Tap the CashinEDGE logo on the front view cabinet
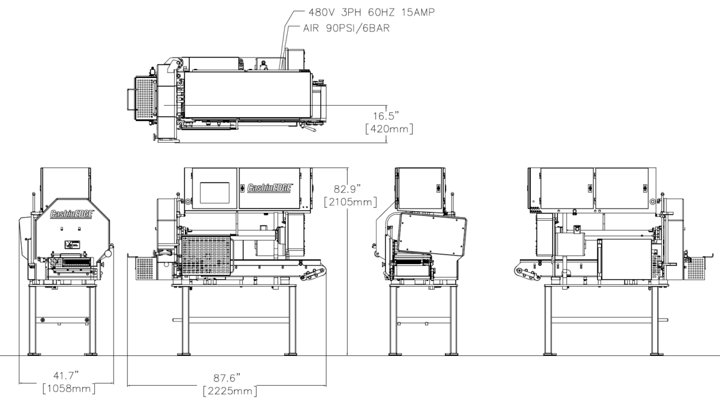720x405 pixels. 270,188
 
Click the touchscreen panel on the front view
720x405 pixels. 214,193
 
